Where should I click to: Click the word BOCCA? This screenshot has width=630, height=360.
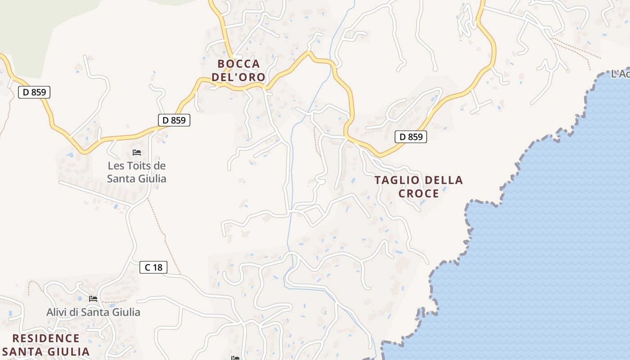pyautogui.click(x=238, y=64)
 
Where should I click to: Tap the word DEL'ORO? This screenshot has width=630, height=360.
pyautogui.click(x=238, y=77)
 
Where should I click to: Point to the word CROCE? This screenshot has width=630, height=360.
pyautogui.click(x=418, y=193)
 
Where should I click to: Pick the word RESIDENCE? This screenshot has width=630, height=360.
pyautogui.click(x=46, y=338)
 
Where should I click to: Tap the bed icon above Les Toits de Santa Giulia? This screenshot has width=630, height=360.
pyautogui.click(x=137, y=153)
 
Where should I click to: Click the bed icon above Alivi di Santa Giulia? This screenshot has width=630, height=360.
pyautogui.click(x=93, y=298)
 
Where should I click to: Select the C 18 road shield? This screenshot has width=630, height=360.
pyautogui.click(x=153, y=267)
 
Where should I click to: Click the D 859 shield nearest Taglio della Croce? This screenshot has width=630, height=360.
pyautogui.click(x=411, y=137)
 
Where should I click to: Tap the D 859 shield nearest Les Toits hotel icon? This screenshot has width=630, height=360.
pyautogui.click(x=174, y=120)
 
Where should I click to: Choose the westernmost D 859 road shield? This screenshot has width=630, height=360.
pyautogui.click(x=34, y=92)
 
